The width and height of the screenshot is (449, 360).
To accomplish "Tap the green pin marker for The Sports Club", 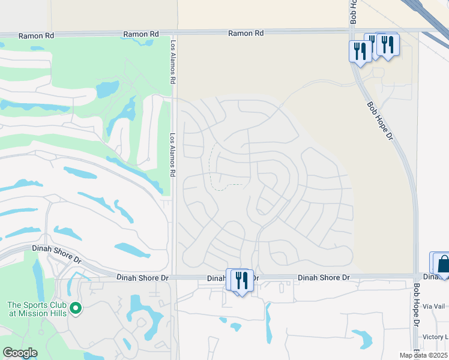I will point(75,308).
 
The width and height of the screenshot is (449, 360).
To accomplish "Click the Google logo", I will point(20,353).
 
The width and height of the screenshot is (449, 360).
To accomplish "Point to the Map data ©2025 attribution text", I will point(423,355).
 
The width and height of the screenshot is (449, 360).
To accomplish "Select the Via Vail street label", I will point(435,306).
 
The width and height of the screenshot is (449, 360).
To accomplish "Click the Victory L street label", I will point(435,337).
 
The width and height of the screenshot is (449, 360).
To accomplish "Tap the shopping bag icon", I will point(444,264).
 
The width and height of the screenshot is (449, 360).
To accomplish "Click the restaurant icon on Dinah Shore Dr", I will point(241,280).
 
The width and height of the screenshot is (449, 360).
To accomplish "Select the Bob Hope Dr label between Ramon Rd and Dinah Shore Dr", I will point(379,121).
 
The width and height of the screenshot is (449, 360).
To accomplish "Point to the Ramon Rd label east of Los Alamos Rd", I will point(246,34).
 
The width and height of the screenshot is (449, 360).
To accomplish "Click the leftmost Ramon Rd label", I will point(36,36).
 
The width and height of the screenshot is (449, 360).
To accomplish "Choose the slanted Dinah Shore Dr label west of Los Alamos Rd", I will point(60,254).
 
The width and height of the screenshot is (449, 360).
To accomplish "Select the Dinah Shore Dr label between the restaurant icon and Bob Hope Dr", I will point(324,278).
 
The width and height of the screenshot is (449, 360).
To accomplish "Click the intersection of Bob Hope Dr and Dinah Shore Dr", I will point(415,277).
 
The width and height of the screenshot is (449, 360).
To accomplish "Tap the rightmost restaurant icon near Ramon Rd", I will point(388,44).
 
